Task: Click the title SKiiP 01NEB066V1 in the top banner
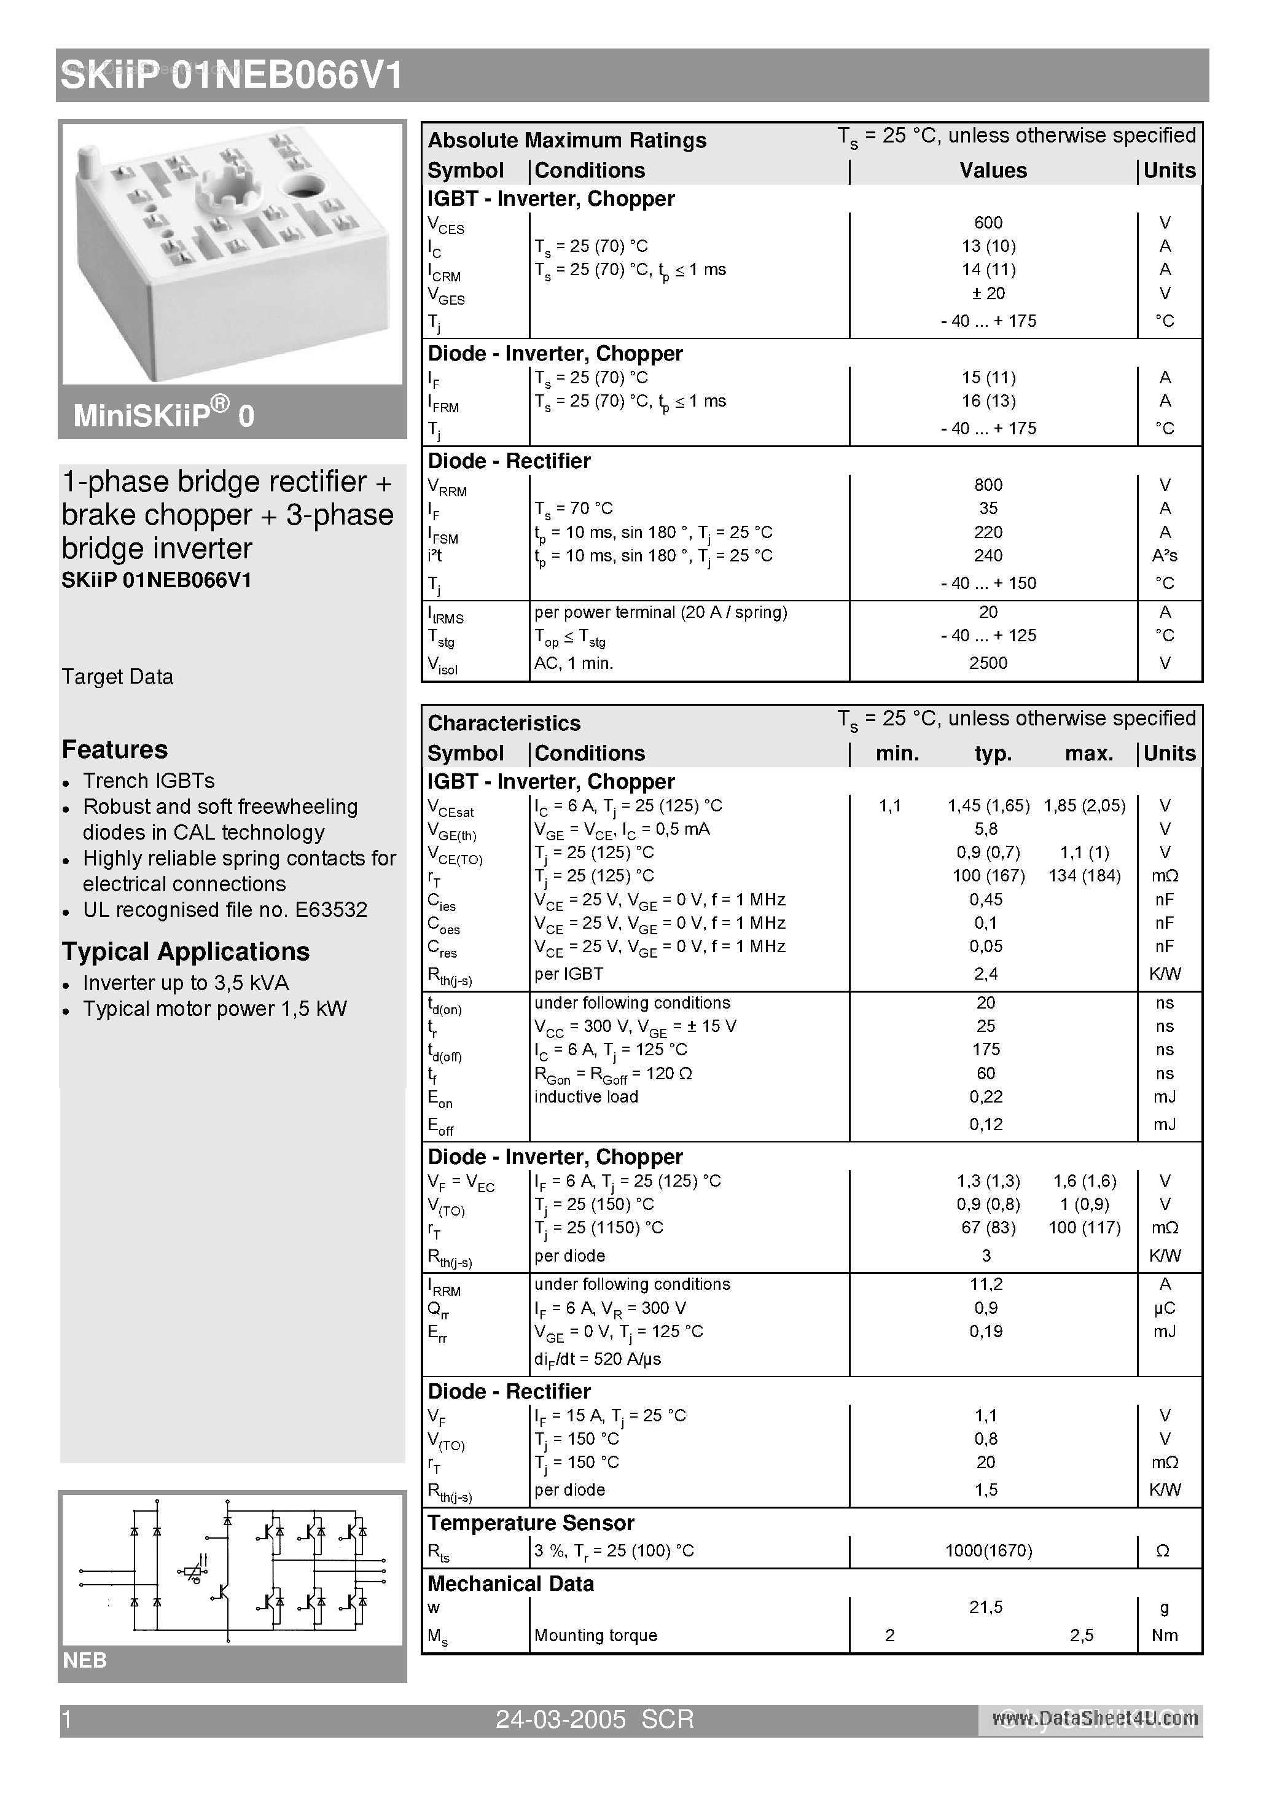click(232, 77)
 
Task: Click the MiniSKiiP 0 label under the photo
click(163, 415)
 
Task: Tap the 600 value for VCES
click(988, 223)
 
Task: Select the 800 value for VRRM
click(988, 485)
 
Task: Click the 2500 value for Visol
click(988, 663)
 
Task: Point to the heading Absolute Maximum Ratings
click(566, 140)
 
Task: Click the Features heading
click(115, 749)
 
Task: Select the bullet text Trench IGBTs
click(149, 781)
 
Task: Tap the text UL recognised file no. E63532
click(225, 910)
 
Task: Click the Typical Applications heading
click(185, 951)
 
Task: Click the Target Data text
click(117, 677)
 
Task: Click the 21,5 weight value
click(986, 1607)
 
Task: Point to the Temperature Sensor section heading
click(531, 1523)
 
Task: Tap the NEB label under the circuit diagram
click(85, 1661)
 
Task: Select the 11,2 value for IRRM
click(986, 1284)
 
